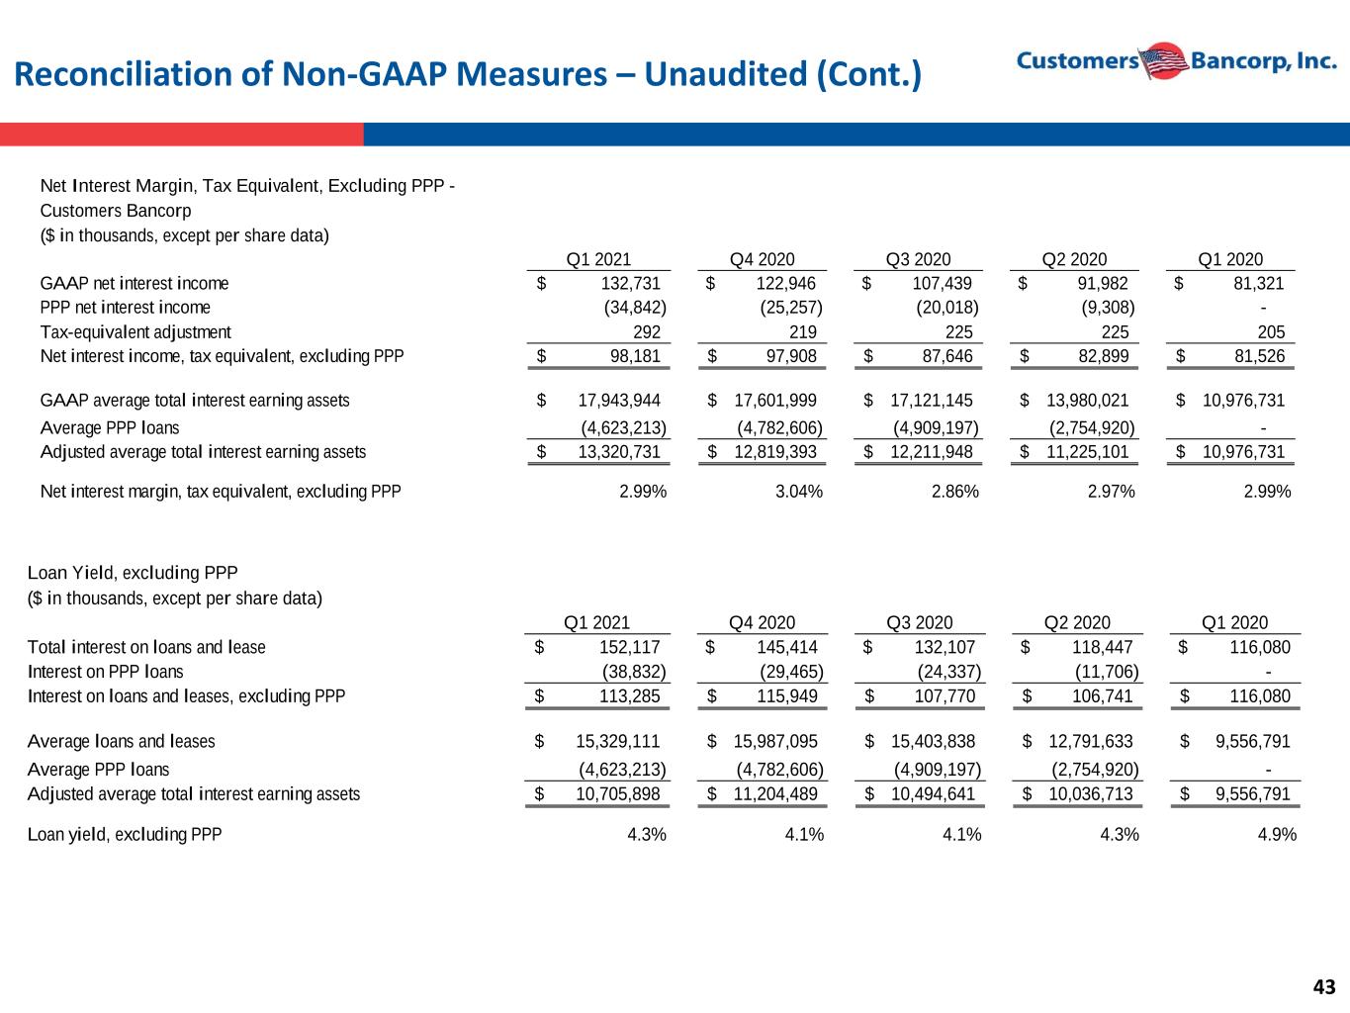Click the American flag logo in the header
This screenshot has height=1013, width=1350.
[x=1164, y=61]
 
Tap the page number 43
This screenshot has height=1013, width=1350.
[x=1324, y=987]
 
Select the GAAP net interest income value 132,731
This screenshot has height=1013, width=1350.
[x=630, y=284]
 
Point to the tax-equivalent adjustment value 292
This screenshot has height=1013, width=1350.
[x=647, y=332]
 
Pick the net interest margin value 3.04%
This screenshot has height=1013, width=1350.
[x=799, y=492]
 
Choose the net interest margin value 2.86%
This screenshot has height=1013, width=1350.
[x=955, y=492]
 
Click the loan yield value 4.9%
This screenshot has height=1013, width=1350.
[x=1277, y=835]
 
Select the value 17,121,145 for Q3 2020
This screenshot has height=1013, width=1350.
[x=932, y=401]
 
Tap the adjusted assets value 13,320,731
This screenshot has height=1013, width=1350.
[x=619, y=452]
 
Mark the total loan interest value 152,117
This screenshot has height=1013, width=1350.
[x=629, y=647]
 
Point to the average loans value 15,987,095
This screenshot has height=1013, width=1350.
[x=775, y=741]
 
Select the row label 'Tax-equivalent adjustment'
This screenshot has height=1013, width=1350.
[x=135, y=332]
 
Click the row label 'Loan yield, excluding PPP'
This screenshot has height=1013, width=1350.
[x=125, y=835]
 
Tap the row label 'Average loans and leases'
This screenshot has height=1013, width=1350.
[x=122, y=741]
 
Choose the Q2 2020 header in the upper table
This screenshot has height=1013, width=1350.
[x=1074, y=259]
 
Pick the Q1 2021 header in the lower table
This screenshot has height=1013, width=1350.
[x=596, y=622]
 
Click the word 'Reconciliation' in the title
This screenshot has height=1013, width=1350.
[x=123, y=74]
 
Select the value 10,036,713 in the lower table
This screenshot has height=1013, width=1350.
[x=1091, y=794]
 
